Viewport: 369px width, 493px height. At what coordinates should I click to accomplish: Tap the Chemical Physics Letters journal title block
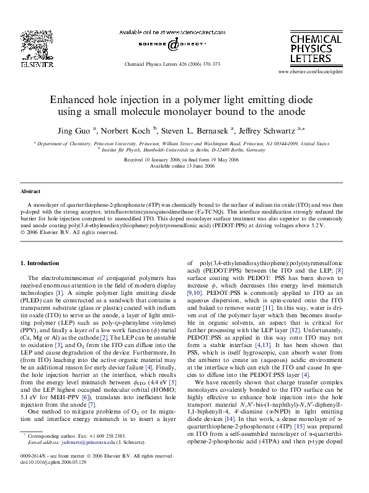click(x=316, y=48)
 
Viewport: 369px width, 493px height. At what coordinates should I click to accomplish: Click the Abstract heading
click(x=31, y=191)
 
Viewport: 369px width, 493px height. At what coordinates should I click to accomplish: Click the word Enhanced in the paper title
click(x=71, y=100)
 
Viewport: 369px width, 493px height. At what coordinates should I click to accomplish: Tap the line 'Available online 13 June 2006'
click(x=184, y=165)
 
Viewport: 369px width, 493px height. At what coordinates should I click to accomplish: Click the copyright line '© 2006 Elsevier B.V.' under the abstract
click(x=68, y=233)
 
